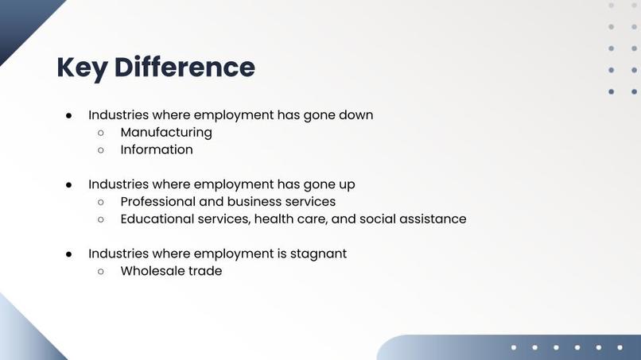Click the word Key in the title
click(81, 68)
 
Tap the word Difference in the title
click(185, 68)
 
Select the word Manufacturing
click(166, 132)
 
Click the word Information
click(157, 149)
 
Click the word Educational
click(156, 219)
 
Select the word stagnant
click(317, 254)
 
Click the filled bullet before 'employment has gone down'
click(69, 115)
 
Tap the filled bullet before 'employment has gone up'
click(69, 184)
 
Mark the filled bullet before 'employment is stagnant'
click(69, 254)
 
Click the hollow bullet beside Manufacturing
click(101, 133)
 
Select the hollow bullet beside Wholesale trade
click(101, 272)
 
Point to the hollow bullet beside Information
click(101, 150)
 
